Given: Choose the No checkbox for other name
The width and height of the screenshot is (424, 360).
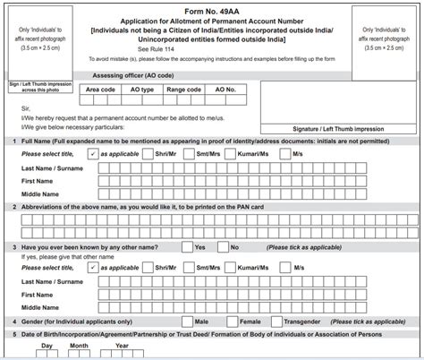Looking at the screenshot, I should click(x=224, y=246).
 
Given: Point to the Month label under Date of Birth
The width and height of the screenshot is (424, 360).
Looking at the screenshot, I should click(x=80, y=346).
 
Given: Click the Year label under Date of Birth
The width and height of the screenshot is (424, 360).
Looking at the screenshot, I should click(x=121, y=346).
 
